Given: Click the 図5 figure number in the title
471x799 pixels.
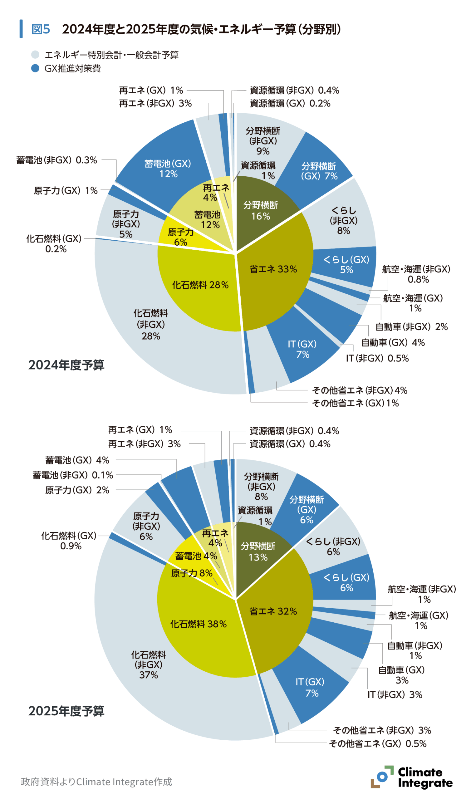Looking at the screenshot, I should point(41,29).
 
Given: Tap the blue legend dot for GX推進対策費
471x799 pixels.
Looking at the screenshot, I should point(35,68).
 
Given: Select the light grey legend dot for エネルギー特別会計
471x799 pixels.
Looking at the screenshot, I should point(35,55).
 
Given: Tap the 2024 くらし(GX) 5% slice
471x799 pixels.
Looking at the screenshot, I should point(346,265).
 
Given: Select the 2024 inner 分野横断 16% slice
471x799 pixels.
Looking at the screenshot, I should point(260,211).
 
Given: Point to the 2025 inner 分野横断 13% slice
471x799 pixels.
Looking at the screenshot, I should point(258,552).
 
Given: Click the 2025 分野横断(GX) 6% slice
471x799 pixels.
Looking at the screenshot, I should point(306,509).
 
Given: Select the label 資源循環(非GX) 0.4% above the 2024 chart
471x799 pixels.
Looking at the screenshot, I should point(294,91).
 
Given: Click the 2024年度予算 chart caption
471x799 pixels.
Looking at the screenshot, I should point(66,365).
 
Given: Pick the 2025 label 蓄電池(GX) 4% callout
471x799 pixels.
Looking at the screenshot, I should point(77,460).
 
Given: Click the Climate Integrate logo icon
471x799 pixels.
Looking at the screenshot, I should point(381,777).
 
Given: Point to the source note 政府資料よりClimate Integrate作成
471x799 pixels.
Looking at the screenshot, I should point(96,782).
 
